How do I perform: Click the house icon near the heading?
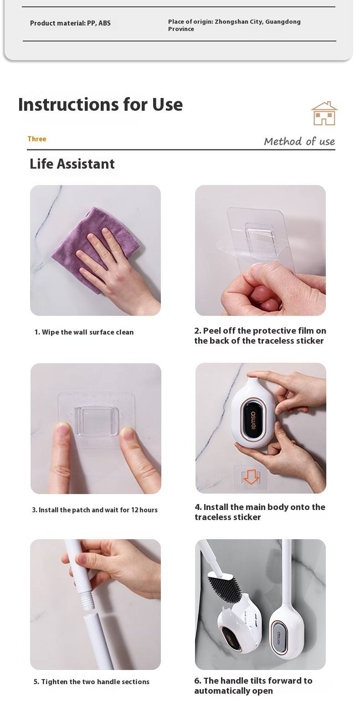pos(324,113)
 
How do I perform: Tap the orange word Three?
pos(37,139)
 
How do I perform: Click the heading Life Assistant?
pos(72,164)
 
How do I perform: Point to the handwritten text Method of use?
pos(299,141)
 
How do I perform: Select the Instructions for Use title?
pos(101,104)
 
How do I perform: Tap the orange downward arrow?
pos(251,477)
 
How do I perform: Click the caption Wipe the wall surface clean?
pos(84,332)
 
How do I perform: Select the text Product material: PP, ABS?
pos(70,23)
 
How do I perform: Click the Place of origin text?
pos(234,25)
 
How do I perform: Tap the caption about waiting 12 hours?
pos(95,510)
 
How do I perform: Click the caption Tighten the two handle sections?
pos(92,682)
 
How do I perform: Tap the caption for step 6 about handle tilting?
pos(253,685)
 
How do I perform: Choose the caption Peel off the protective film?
pos(260,335)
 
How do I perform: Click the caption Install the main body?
pos(260,512)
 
